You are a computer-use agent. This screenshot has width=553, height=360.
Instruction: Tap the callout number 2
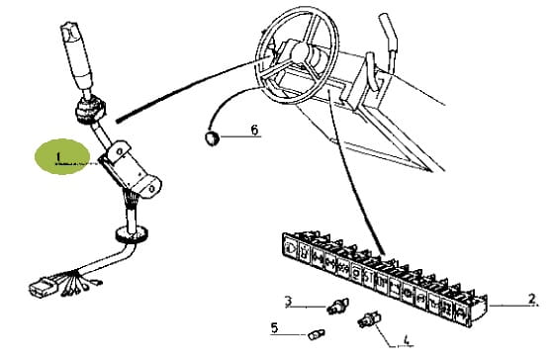[x=532, y=299]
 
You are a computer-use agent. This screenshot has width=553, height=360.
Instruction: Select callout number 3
[x=289, y=301]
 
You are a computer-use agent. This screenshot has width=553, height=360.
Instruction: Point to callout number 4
[x=407, y=340]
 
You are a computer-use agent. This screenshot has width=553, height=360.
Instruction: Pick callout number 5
[x=274, y=327]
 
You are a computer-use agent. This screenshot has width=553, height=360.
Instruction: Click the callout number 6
[x=254, y=130]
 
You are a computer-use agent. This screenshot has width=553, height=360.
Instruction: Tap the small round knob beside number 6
[x=212, y=137]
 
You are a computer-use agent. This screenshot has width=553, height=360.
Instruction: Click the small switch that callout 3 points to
[x=338, y=306]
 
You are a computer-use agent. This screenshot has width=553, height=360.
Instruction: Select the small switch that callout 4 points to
[x=369, y=318]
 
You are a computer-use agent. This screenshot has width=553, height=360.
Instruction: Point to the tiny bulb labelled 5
[x=317, y=333]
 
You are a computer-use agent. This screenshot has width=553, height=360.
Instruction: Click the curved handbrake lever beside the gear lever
[x=373, y=71]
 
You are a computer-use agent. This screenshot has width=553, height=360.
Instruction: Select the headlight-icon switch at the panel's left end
[x=291, y=245]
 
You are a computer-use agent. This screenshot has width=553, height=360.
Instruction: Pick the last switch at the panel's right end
[x=461, y=314]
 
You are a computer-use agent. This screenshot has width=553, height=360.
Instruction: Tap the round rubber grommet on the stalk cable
[x=132, y=234]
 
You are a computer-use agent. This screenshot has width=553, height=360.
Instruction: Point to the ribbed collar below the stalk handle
[x=90, y=110]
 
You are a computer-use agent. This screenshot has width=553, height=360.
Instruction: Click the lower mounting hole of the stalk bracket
[x=152, y=188]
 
